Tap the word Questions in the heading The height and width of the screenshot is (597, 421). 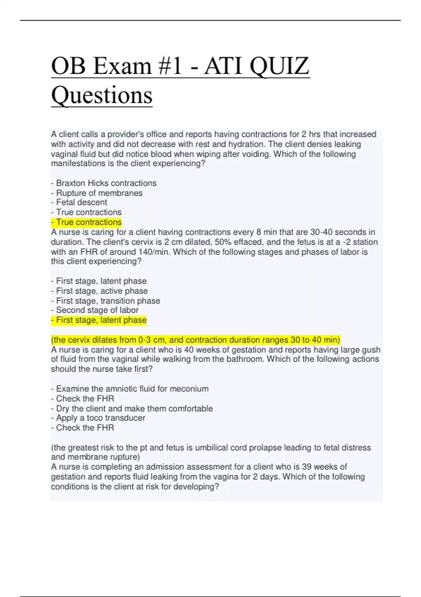pyautogui.click(x=102, y=95)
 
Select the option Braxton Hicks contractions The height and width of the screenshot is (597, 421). pyautogui.click(x=104, y=183)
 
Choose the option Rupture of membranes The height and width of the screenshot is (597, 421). pyautogui.click(x=97, y=193)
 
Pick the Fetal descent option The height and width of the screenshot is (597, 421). pyautogui.click(x=79, y=202)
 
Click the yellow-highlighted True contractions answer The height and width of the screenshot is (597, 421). pyautogui.click(x=86, y=222)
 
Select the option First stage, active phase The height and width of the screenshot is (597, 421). pyautogui.click(x=99, y=291)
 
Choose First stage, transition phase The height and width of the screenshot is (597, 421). pyautogui.click(x=106, y=301)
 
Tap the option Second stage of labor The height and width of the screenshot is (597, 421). pyautogui.click(x=95, y=310)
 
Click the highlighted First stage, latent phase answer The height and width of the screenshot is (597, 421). pyautogui.click(x=99, y=320)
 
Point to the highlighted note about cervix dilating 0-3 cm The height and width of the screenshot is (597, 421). pyautogui.click(x=195, y=340)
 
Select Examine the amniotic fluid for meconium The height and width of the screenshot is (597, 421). pyautogui.click(x=130, y=389)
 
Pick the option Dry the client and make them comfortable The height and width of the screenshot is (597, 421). pyautogui.click(x=132, y=408)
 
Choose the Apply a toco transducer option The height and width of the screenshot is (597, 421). pyautogui.click(x=98, y=418)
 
